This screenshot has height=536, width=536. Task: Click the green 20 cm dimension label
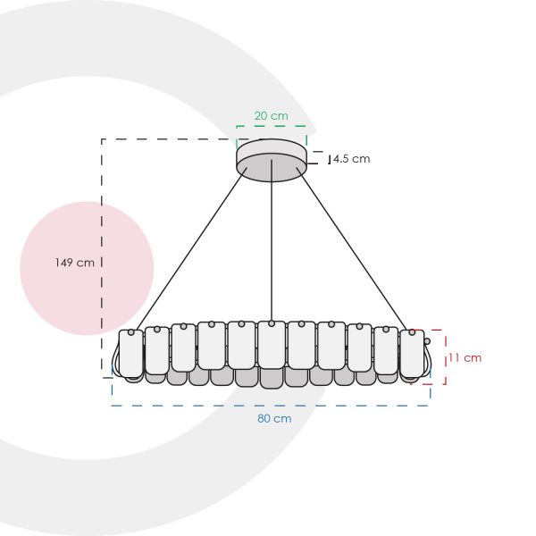tap(271, 116)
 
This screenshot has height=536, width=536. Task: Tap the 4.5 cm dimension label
tap(352, 159)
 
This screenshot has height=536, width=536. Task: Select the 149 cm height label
tap(75, 263)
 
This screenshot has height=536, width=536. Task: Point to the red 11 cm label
tap(465, 358)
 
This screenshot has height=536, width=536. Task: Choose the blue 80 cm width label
tap(274, 418)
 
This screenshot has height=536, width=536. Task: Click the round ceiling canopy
tap(272, 160)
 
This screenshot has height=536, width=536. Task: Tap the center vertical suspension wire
tap(272, 240)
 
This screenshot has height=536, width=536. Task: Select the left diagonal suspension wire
tap(191, 248)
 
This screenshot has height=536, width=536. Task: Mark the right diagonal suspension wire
tap(352, 248)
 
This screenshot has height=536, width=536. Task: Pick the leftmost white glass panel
tap(131, 354)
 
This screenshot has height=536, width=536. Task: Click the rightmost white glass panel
tap(412, 354)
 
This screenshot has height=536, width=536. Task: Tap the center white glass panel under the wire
tap(272, 345)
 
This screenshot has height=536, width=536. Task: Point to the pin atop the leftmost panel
tap(131, 332)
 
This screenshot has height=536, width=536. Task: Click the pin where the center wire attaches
tap(272, 323)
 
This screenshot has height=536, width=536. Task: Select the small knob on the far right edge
tap(427, 341)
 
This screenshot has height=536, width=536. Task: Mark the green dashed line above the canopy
tap(272, 126)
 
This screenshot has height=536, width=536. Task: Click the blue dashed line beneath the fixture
tap(271, 406)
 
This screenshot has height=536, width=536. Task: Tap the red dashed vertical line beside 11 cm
tap(446, 356)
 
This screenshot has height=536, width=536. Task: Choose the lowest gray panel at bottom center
tap(272, 379)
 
